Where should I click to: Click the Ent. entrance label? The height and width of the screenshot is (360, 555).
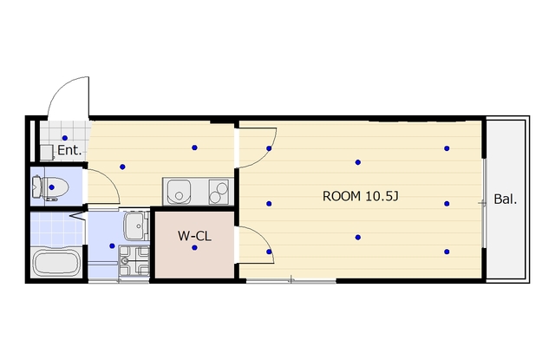(69, 150)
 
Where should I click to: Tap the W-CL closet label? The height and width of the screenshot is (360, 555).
(194, 236)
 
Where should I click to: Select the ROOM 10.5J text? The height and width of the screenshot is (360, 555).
(361, 196)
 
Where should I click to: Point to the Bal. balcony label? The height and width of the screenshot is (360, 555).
(505, 200)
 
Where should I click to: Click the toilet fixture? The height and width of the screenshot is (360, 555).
(50, 187)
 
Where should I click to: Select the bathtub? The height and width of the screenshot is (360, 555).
(56, 262)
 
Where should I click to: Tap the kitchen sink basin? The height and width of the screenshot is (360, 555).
(179, 192)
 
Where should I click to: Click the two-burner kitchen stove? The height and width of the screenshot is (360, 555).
(219, 192)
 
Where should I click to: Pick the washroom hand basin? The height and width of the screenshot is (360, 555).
(136, 226)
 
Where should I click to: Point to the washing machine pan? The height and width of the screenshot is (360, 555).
(134, 261)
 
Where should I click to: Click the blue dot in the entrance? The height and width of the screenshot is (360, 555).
(65, 138)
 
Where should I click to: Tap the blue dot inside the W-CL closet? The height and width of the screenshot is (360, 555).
(194, 248)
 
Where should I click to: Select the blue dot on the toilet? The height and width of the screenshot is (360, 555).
(52, 187)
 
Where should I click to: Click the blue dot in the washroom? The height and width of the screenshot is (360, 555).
(112, 245)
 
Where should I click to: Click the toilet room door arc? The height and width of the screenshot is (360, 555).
(110, 180)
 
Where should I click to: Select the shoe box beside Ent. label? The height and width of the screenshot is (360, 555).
(46, 152)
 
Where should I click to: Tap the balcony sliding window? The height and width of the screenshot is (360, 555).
(484, 203)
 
